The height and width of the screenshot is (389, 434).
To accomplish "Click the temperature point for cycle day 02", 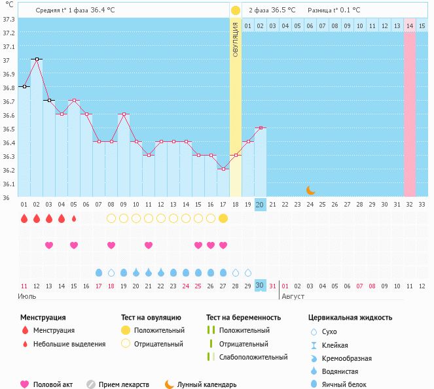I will point(37,59).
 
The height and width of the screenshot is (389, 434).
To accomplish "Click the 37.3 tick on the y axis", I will point(9,19).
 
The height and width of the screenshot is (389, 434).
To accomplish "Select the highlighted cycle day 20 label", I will point(260,205).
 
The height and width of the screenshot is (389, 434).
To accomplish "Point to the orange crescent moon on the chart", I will point(311,190).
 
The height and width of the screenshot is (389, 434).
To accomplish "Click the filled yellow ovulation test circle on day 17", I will point(223,218).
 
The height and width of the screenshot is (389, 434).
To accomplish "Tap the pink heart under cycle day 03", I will point(49,245).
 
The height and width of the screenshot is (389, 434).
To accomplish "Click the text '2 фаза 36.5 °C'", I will point(272,10).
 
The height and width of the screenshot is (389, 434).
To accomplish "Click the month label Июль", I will point(27,296).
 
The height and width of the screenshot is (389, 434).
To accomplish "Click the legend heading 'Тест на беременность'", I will point(244,318).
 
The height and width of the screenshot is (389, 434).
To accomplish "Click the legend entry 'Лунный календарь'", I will point(206,385).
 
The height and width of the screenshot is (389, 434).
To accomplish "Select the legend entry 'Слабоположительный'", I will point(253,357).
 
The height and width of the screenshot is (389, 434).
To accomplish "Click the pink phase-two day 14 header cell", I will point(409,25).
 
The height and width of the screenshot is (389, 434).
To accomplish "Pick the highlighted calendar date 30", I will point(260,286).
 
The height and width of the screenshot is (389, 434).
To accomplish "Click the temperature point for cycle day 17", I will point(223,169).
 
